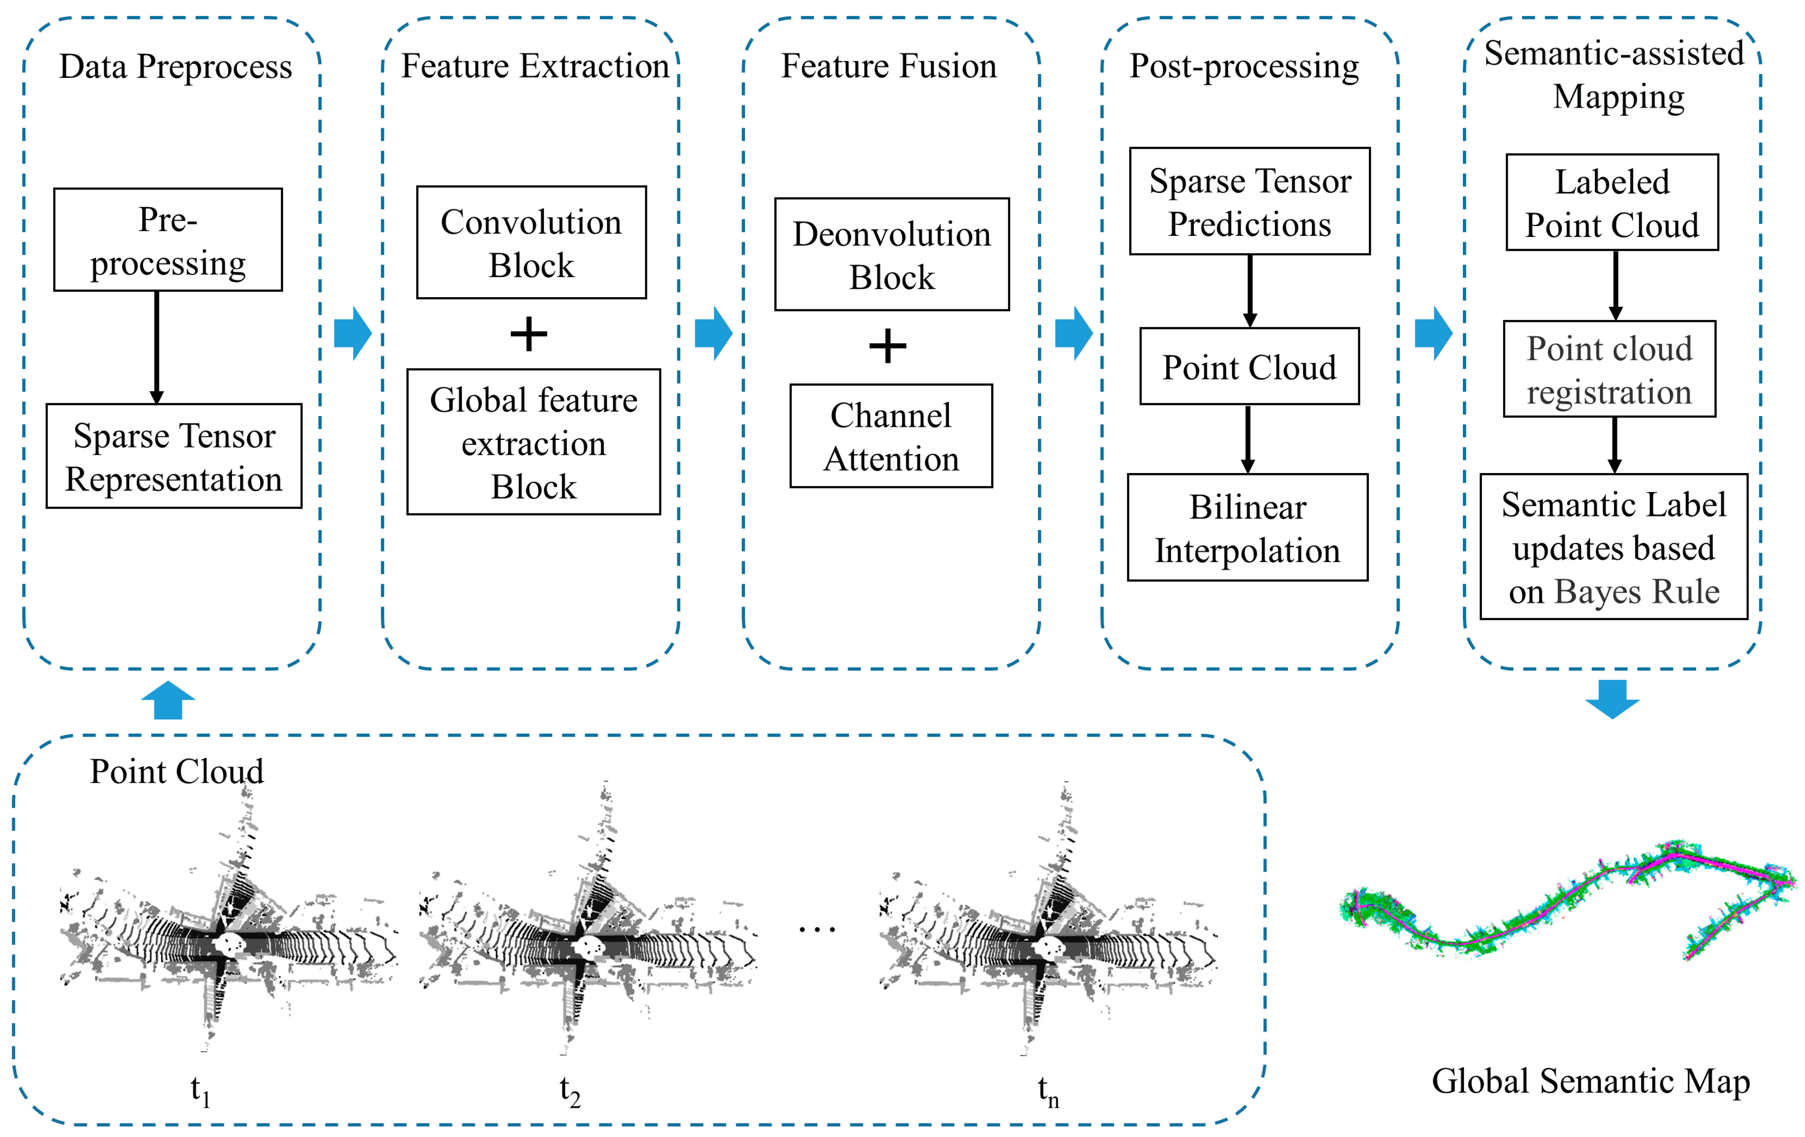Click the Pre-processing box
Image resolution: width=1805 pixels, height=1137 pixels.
click(x=168, y=240)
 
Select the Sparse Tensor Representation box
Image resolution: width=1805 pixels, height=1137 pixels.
click(x=174, y=456)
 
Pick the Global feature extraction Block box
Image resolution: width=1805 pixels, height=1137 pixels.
click(x=533, y=442)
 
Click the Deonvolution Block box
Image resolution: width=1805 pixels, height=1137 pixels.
click(x=891, y=255)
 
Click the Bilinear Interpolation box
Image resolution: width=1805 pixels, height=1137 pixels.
click(x=1248, y=528)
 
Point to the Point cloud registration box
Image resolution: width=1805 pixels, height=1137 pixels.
click(x=1610, y=370)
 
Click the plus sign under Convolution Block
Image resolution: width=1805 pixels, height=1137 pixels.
click(x=528, y=334)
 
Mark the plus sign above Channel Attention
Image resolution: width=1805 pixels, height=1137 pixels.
click(x=887, y=346)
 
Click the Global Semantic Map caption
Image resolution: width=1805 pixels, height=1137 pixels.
click(x=1591, y=1081)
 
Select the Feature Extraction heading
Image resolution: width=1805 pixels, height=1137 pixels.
click(x=535, y=66)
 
